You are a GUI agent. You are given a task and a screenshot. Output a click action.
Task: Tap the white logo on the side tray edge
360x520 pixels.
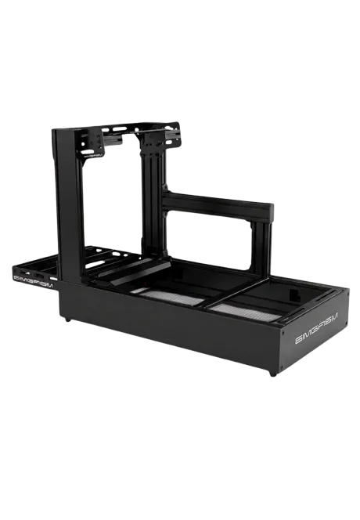(x=34, y=280)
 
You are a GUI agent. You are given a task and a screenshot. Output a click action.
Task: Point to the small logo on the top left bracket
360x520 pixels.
(x=93, y=154)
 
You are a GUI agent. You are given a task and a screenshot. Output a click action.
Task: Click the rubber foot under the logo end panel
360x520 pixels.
(x=273, y=374)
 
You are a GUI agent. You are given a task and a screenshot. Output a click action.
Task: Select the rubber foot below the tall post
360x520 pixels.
(x=68, y=320)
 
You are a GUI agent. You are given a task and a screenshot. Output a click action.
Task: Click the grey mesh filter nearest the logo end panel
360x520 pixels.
(x=245, y=312)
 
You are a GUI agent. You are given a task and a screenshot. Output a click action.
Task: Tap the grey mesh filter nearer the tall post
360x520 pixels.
(x=170, y=296)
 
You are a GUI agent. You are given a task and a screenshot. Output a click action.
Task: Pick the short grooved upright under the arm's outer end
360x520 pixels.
(x=261, y=245)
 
